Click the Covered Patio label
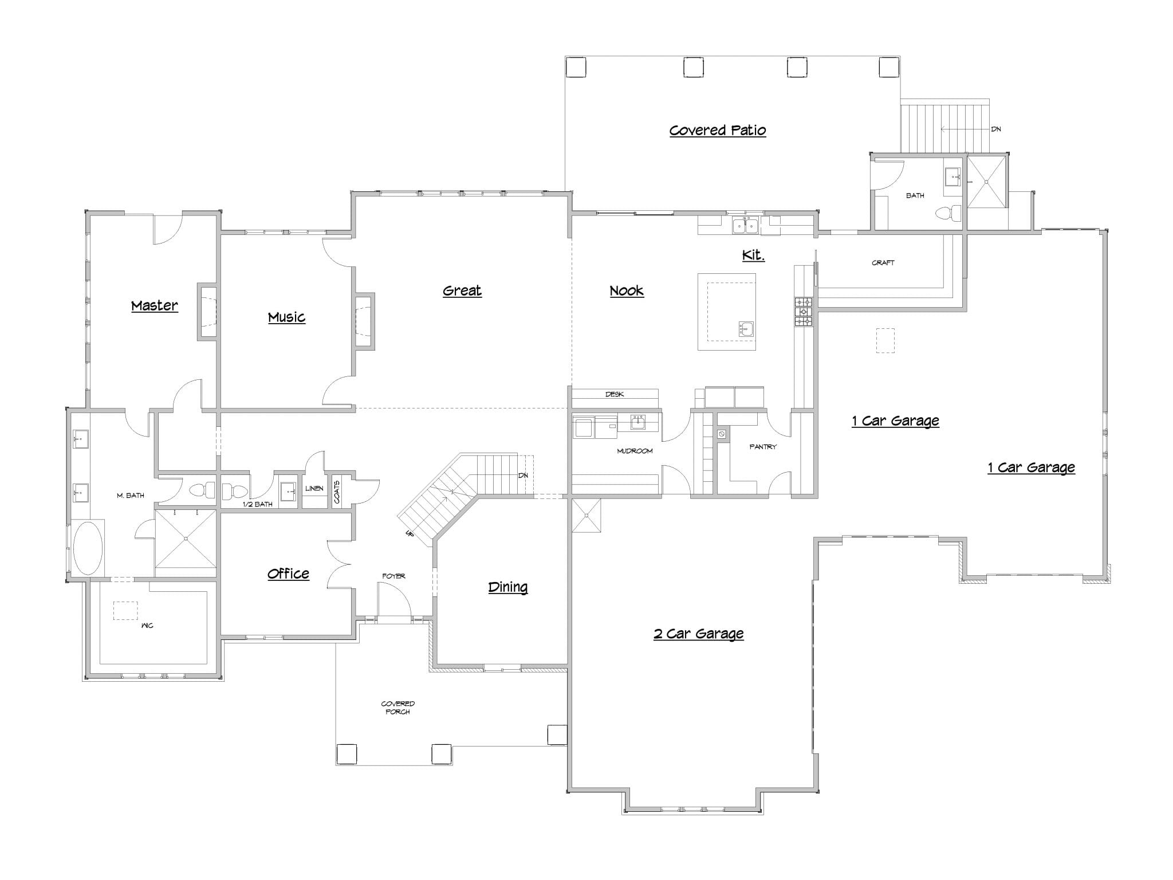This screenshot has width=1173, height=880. point(718,131)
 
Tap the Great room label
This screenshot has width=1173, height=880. point(462,290)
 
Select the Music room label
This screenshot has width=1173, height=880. point(286,317)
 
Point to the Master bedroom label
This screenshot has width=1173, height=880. point(155,305)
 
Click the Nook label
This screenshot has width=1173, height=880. point(627,290)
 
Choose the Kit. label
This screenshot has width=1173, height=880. point(753,255)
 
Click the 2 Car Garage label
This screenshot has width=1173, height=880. point(699,633)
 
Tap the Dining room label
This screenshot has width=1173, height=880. point(508,587)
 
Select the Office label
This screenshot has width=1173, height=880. point(288,573)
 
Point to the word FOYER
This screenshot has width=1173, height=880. point(393,576)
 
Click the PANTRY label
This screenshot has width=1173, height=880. point(763,447)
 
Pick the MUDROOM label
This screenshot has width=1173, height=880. point(635,451)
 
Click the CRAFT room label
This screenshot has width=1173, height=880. point(883,263)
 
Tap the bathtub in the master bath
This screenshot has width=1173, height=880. point(88,548)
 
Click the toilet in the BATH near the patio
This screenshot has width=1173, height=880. point(948,214)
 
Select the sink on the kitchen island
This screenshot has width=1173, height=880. point(746,329)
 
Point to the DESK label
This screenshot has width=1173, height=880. point(615,394)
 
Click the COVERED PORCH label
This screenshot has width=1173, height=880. point(398,708)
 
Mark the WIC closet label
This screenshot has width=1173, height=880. point(147,626)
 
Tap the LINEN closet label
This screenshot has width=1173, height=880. point(314,489)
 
